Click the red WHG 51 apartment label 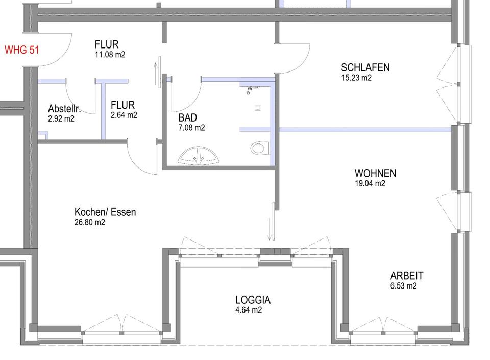point(21,50)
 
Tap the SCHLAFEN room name point(365,67)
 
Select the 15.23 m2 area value point(356,78)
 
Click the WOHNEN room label point(375,173)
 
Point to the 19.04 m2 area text point(370,183)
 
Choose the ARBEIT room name point(407,276)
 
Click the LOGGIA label point(253,300)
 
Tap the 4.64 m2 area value point(249,310)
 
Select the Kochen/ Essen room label point(105,212)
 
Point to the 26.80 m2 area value point(90,222)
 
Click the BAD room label point(187,117)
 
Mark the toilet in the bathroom point(260,148)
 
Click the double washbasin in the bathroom point(199,156)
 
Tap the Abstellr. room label point(64,109)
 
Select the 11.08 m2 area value point(110,54)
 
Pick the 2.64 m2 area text point(124,115)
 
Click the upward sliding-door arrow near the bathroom point(156,74)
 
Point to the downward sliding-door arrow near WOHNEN point(269,229)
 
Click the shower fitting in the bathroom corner point(251,90)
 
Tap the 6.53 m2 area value point(403,285)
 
